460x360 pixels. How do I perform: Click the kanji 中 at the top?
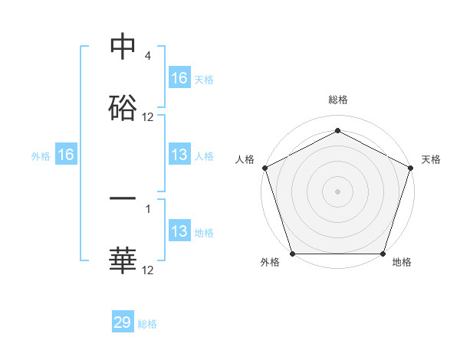click(123, 47)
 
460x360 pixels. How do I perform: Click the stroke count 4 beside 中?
click(147, 57)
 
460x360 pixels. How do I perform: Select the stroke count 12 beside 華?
click(148, 270)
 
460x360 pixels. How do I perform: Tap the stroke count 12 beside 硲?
click(148, 117)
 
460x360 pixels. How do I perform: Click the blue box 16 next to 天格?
click(179, 77)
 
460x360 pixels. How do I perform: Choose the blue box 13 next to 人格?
click(179, 155)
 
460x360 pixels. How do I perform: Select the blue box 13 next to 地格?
click(179, 231)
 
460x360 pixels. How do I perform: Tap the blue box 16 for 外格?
click(66, 155)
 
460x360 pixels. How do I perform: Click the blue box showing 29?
click(123, 322)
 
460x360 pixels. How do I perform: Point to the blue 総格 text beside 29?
click(147, 324)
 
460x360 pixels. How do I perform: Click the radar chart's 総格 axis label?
click(338, 100)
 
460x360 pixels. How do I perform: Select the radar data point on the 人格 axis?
click(264, 167)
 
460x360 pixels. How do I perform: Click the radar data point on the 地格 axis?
click(383, 254)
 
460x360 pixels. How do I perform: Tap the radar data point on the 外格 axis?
click(292, 254)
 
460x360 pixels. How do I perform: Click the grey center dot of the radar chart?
click(337, 191)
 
